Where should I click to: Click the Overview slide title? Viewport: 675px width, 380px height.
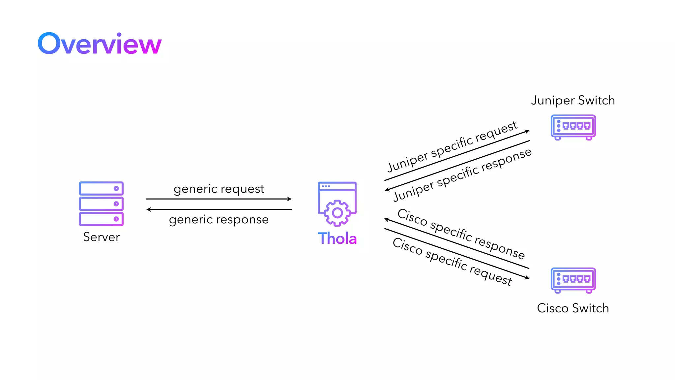coord(100,44)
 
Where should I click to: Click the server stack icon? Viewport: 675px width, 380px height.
coord(101,204)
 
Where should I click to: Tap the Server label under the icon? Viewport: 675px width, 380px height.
coord(101,237)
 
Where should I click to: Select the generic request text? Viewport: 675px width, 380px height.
coord(219,189)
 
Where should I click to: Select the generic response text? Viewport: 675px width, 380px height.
coord(219,220)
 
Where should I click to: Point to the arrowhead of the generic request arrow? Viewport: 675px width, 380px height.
coord(290,199)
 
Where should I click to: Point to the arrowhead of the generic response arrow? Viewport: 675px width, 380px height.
coord(149,209)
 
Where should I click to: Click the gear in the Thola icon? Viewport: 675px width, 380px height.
coord(337,213)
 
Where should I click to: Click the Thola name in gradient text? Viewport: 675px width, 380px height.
coord(337,238)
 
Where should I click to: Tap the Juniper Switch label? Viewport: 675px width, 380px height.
coord(573,100)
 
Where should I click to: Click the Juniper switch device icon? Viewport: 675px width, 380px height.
coord(573,127)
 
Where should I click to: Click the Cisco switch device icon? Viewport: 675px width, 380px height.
coord(573,280)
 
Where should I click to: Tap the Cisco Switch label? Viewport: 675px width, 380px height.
coord(573,308)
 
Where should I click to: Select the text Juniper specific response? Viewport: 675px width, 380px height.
coord(462,174)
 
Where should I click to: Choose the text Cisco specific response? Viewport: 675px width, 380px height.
coord(461,234)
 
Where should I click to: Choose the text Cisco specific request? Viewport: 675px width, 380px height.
coord(452,262)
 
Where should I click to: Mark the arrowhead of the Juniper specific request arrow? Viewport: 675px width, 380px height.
coord(527,131)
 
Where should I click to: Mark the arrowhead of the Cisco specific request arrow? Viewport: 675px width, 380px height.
coord(527,278)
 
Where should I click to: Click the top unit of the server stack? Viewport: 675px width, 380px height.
coord(101,189)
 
